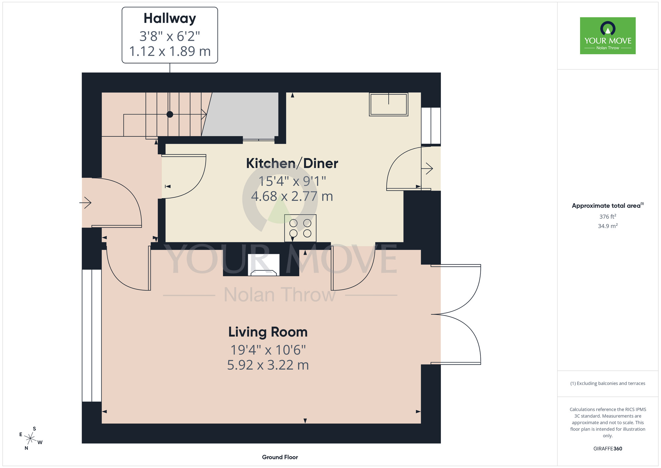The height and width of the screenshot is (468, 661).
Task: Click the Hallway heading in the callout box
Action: click(x=170, y=19)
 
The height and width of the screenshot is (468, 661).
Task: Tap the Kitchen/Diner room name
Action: click(x=292, y=164)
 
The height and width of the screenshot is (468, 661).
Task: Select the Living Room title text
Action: click(x=268, y=332)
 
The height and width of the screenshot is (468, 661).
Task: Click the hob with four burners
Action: click(x=300, y=228)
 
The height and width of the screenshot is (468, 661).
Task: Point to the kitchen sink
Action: click(x=389, y=104)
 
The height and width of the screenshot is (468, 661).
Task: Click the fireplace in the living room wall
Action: click(x=264, y=265)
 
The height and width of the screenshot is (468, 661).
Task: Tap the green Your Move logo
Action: click(x=608, y=36)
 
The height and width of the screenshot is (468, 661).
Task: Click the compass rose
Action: click(x=30, y=439)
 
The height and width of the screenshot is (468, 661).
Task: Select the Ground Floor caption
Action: click(x=280, y=457)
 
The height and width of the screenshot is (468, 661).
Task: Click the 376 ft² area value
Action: click(x=608, y=216)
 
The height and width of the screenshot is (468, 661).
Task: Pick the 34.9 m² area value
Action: click(x=608, y=226)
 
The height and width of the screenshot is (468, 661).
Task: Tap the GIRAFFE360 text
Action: click(x=608, y=449)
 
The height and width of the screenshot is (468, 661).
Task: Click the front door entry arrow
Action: click(x=86, y=203)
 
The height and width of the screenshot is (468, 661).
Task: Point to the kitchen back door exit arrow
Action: click(x=427, y=168)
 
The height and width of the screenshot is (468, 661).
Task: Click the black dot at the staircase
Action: click(x=170, y=115)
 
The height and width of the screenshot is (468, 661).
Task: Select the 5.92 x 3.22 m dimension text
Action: click(x=268, y=365)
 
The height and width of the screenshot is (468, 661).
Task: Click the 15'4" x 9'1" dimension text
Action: click(x=292, y=181)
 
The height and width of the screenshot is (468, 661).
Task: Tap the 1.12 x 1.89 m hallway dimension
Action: click(x=170, y=51)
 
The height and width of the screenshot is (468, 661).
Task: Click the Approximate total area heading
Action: click(x=608, y=206)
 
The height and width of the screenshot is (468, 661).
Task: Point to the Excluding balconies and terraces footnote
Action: click(x=608, y=383)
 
